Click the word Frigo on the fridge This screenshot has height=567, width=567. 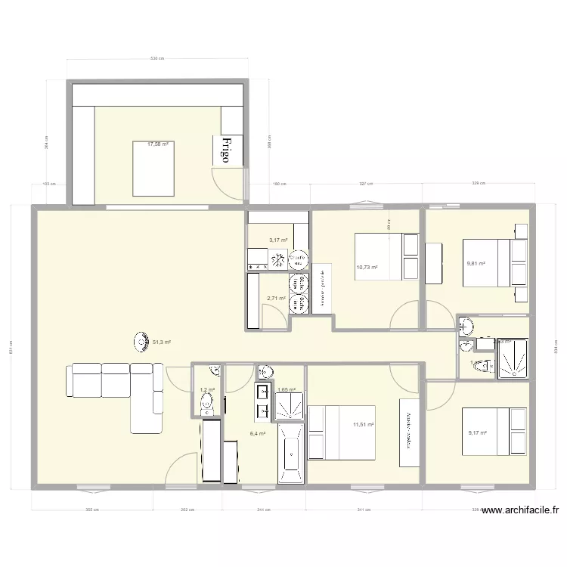coord(225,150)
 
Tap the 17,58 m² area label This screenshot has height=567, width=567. coord(159,144)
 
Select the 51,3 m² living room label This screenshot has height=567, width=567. coord(162,342)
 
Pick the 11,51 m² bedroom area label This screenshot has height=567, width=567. coord(364,426)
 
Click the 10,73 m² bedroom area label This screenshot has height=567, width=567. coord(367,267)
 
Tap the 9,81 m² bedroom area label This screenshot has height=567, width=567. coord(476,264)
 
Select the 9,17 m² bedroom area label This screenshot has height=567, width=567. coord(477,433)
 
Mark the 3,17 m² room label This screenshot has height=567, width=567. coord(278,240)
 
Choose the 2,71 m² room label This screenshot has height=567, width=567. coord(276,298)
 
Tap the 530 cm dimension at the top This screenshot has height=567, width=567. coord(157,58)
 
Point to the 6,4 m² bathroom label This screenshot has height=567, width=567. coord(258,434)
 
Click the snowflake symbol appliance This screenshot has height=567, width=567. coord(277,261)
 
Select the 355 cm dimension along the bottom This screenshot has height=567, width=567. coord(92,510)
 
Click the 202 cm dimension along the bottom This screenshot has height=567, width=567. coord(187,510)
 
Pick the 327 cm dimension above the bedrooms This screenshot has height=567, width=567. coord(367,183)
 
